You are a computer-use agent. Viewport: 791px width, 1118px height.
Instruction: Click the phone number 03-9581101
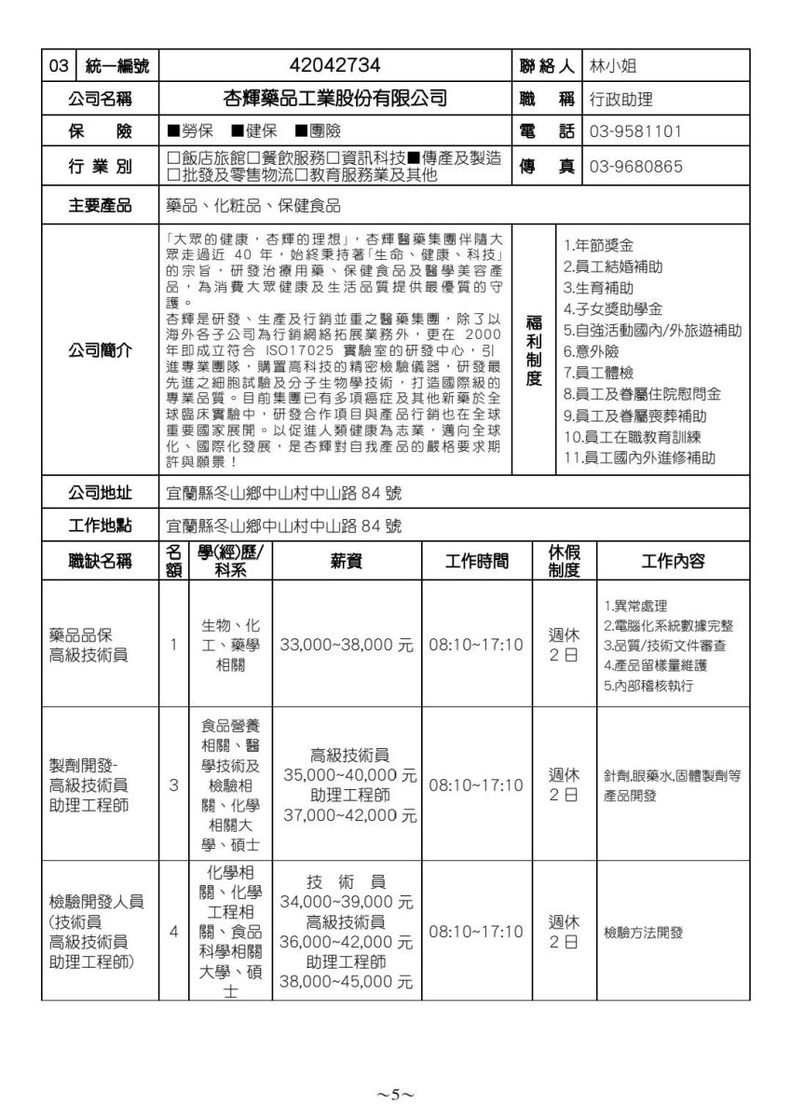pyautogui.click(x=635, y=130)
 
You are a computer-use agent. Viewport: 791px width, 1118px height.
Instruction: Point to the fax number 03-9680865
pyautogui.click(x=635, y=167)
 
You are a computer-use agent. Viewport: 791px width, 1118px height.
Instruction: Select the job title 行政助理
pyautogui.click(x=621, y=98)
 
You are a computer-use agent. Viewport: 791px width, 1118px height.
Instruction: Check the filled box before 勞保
pyautogui.click(x=172, y=131)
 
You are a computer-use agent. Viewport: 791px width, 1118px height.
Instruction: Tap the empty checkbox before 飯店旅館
pyautogui.click(x=172, y=158)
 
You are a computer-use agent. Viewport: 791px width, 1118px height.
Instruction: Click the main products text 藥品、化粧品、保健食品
pyautogui.click(x=252, y=206)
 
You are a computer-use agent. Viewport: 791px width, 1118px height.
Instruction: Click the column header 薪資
pyautogui.click(x=347, y=561)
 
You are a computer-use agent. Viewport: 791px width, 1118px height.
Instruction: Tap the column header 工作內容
pyautogui.click(x=673, y=561)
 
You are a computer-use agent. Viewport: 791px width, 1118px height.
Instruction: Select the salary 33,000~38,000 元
pyautogui.click(x=347, y=645)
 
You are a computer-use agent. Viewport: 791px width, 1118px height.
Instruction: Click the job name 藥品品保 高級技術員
pyautogui.click(x=89, y=645)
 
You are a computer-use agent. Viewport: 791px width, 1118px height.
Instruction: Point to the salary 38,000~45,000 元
pyautogui.click(x=347, y=981)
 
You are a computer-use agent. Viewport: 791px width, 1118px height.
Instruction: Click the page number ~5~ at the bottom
pyautogui.click(x=395, y=1094)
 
